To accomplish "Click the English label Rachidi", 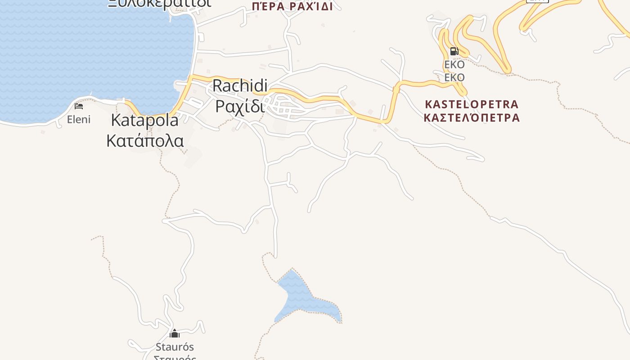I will point(240,85).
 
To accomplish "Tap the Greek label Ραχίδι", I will point(239,106).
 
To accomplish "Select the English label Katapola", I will point(144,120).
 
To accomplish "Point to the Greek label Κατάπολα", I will point(145,140).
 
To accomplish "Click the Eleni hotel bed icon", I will point(79,106).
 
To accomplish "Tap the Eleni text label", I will point(79,119).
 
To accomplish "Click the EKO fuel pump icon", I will point(454,51).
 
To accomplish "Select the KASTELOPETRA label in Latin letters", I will point(472,104).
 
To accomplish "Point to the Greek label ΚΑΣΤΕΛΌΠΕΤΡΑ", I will point(472,118).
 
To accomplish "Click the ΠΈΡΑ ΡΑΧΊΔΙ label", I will point(292,6).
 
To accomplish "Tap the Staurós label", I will point(175,347).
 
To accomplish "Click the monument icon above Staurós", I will point(175,333).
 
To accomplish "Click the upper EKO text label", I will point(454,65).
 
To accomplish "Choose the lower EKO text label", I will point(454,77).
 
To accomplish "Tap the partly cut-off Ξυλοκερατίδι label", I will point(159,3).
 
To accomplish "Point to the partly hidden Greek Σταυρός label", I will point(175,358).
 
